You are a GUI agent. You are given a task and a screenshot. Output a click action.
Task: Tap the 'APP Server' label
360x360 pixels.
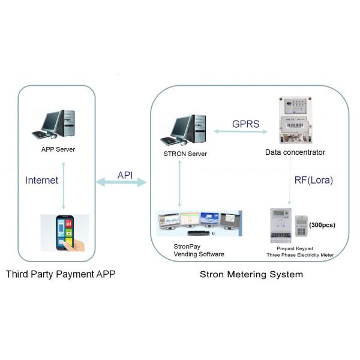tap(58, 149)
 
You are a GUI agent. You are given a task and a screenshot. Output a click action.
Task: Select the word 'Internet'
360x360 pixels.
tap(41, 179)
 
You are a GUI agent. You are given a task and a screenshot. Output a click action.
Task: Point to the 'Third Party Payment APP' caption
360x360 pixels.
tap(61, 275)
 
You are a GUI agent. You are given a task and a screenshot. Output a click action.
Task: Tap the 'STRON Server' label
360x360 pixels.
tap(185, 154)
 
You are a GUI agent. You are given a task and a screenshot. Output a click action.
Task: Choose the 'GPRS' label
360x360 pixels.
tap(245, 124)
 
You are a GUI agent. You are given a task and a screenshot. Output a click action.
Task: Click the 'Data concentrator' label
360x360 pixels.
tap(295, 152)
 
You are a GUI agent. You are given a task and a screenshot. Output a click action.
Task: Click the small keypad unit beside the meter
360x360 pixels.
tap(301, 227)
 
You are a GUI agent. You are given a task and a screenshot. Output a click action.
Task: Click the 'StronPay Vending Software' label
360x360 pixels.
tap(199, 250)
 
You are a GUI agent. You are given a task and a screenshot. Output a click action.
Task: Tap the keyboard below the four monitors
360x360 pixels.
tap(199, 233)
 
